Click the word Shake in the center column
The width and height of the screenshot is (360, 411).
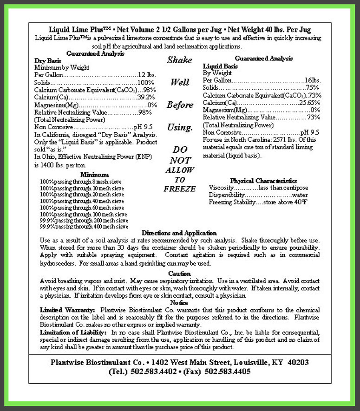click(x=179, y=60)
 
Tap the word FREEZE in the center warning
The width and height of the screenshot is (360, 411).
click(x=179, y=189)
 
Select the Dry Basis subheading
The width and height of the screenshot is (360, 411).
click(x=48, y=61)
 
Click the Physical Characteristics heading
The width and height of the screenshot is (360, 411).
click(x=263, y=181)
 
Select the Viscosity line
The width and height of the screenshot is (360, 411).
click(x=258, y=188)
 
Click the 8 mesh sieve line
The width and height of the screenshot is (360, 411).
click(x=82, y=182)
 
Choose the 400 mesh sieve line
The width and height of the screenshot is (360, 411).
click(x=84, y=227)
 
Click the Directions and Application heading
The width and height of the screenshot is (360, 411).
click(x=179, y=233)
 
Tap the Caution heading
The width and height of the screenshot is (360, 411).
click(x=179, y=274)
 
